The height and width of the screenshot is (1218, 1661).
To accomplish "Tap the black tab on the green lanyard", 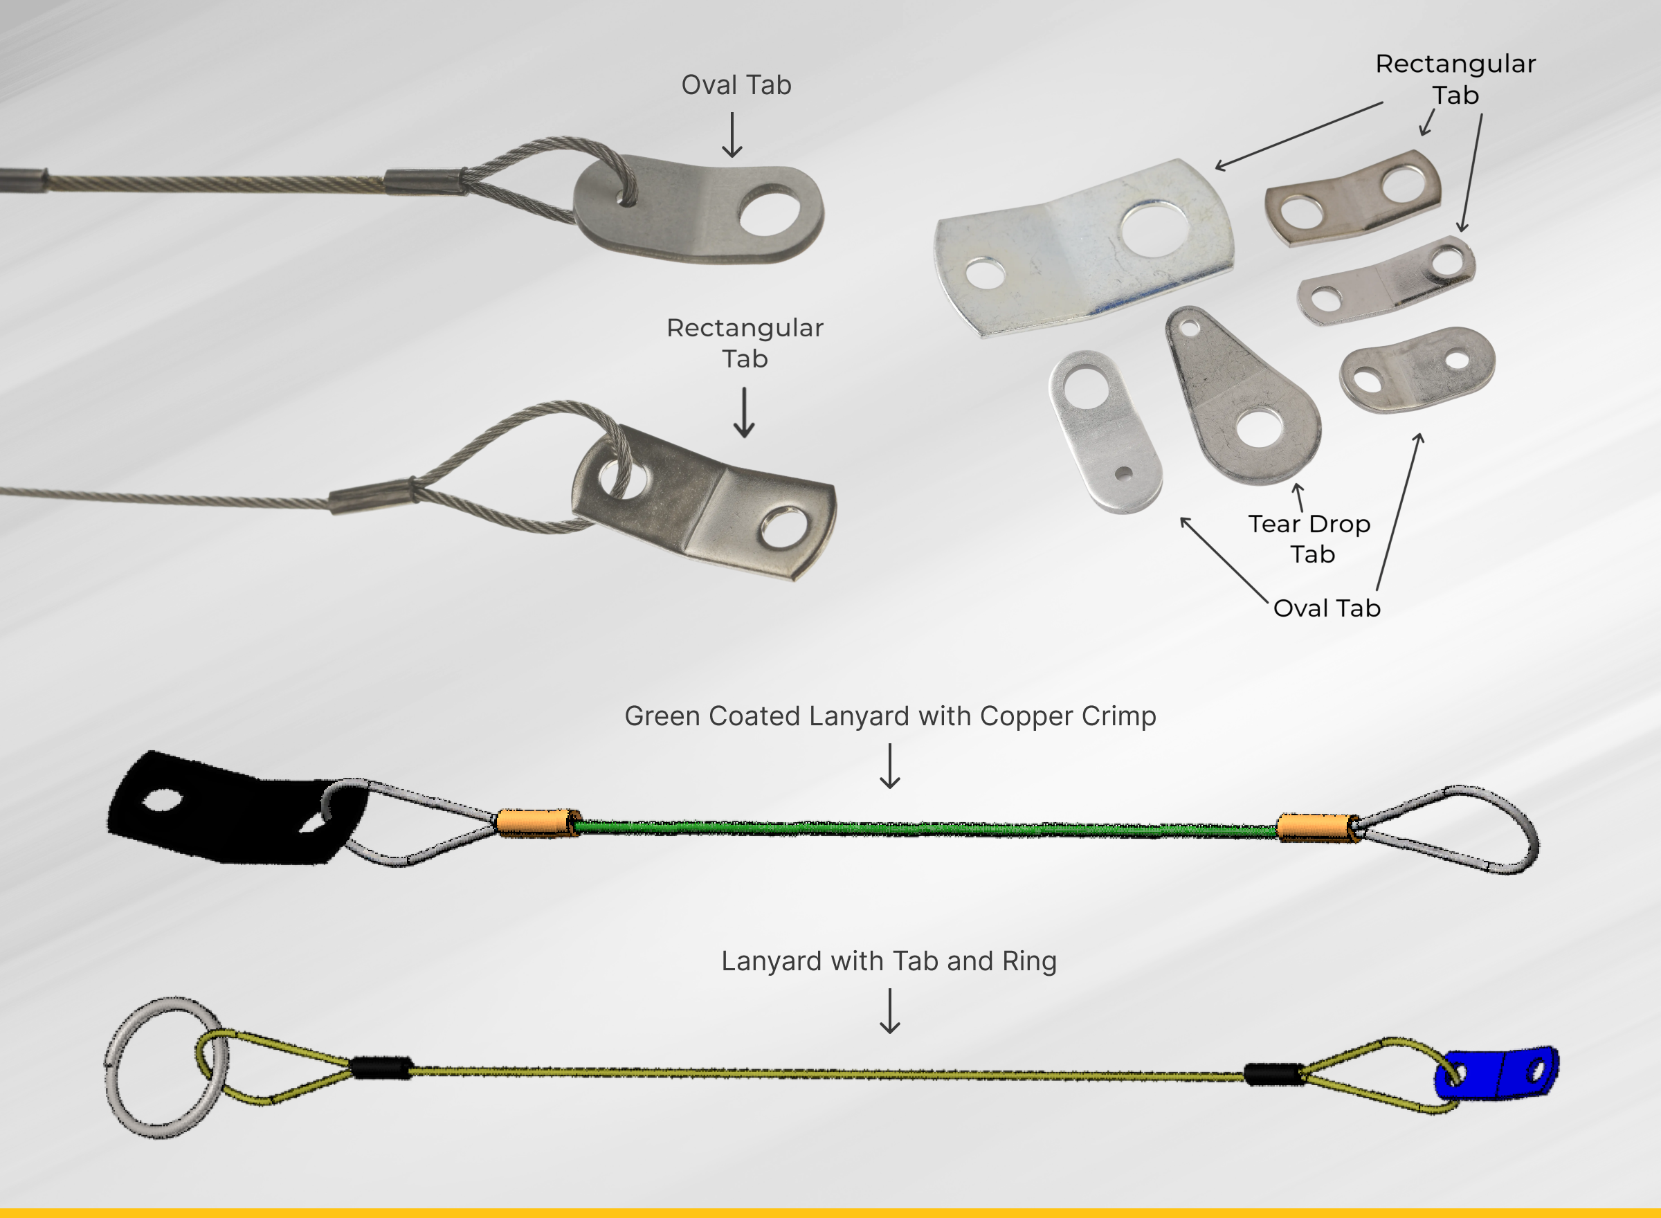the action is click(236, 808).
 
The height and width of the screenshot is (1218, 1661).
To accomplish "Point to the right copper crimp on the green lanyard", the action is click(1319, 828).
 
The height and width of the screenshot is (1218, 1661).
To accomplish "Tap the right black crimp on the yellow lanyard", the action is click(1273, 1074).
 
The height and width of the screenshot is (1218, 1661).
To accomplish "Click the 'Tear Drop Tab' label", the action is click(1310, 539).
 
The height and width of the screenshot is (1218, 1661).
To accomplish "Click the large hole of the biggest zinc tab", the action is click(1154, 229).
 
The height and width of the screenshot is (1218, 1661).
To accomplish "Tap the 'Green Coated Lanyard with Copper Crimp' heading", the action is click(890, 716).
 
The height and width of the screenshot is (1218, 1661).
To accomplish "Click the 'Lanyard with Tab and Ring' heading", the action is click(889, 961).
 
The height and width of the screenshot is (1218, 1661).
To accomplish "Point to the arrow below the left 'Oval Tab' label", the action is click(732, 135).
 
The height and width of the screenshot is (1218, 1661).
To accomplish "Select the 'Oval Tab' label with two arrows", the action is click(1326, 608).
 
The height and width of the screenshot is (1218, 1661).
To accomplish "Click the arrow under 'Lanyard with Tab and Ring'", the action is click(890, 1012).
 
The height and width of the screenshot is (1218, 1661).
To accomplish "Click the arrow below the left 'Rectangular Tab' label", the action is click(745, 413).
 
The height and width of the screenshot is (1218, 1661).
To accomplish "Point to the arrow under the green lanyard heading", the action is click(890, 766).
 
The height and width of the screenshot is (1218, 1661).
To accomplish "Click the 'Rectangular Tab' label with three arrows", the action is click(1455, 79).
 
